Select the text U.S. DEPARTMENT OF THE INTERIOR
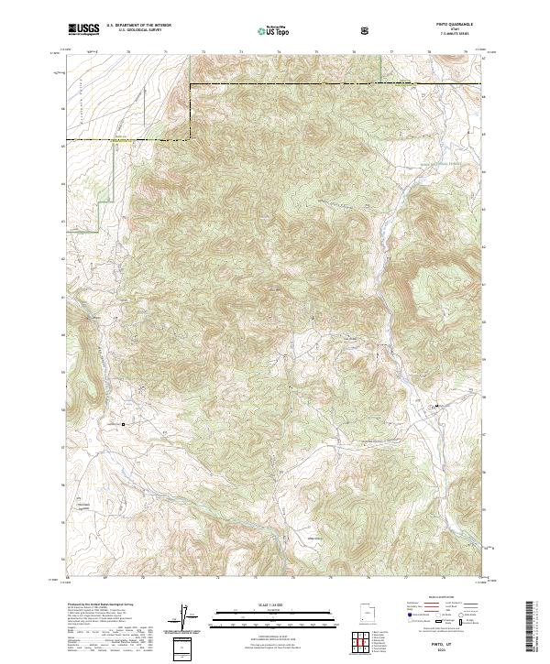point(140,27)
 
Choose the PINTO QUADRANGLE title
point(455,27)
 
